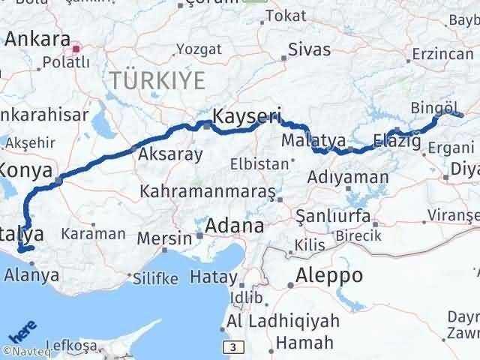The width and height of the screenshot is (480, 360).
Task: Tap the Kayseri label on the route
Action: tap(247, 116)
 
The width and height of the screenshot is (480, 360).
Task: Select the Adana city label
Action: tap(236, 226)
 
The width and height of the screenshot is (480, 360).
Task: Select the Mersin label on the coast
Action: tap(165, 238)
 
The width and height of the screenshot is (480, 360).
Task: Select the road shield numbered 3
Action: tap(234, 346)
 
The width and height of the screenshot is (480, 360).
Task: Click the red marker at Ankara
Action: tap(76, 50)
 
